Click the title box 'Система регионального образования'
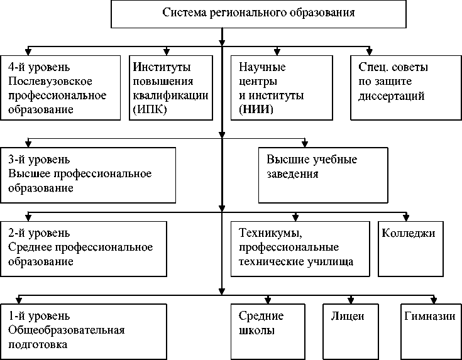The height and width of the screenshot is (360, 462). (x=258, y=14)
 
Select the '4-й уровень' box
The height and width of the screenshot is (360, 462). (x=60, y=87)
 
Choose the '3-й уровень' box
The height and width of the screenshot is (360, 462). (x=87, y=175)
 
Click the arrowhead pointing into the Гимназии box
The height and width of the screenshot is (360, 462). (x=433, y=300)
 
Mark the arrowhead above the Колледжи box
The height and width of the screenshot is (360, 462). (x=407, y=217)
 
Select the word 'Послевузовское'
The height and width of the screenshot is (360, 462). (x=51, y=82)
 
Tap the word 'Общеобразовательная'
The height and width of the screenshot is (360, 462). (x=67, y=330)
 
